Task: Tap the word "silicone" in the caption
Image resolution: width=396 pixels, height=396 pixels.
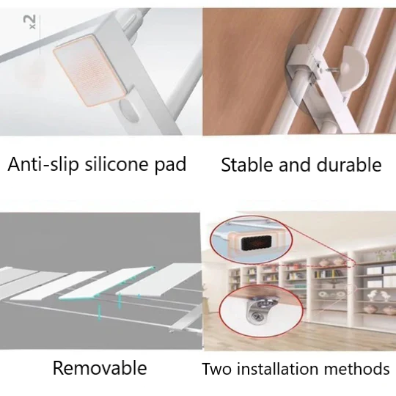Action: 117,164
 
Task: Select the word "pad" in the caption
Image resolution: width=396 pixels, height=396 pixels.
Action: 170,165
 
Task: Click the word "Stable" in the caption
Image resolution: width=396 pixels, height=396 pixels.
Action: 246,165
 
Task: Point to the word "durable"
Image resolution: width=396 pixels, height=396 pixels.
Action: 349,165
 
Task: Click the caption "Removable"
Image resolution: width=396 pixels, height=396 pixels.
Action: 100,367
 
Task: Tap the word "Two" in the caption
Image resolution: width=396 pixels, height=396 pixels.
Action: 216,369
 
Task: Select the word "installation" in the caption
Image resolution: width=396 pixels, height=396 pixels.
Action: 277,369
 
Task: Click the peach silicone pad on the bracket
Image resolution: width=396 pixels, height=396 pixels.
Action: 89,70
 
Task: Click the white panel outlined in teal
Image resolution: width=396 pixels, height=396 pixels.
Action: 107,283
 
